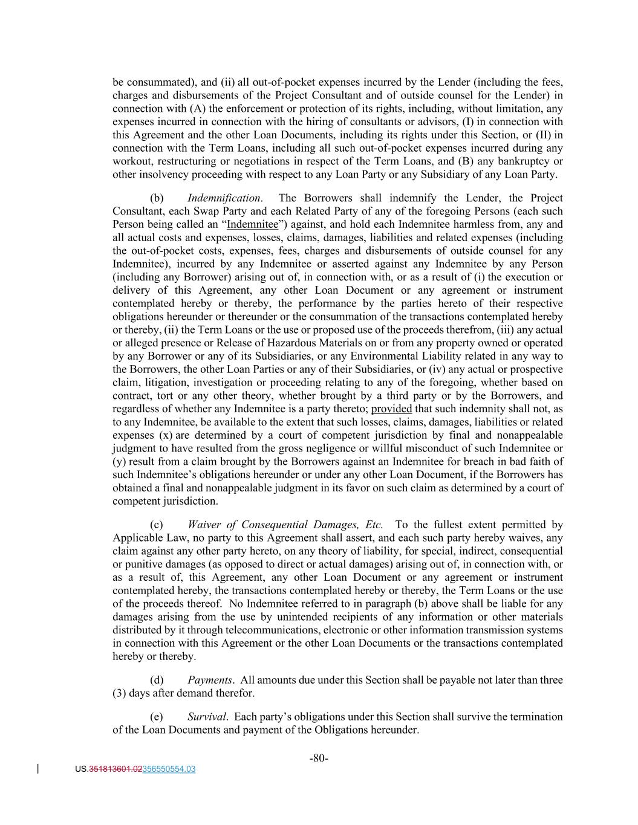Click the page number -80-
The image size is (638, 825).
click(319, 758)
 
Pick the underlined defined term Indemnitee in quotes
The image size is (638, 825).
click(252, 225)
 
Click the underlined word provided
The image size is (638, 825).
click(391, 409)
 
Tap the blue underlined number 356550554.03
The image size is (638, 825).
click(169, 769)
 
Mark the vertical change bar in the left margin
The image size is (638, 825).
click(39, 769)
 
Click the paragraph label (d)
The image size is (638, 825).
click(156, 680)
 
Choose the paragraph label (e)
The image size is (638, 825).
click(156, 717)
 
